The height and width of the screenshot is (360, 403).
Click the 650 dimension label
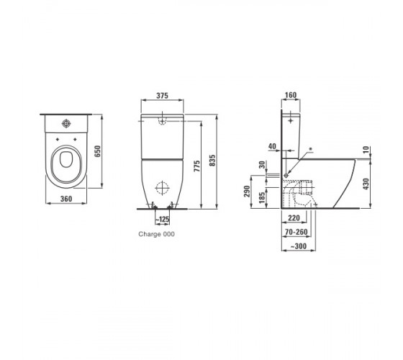click(x=98, y=151)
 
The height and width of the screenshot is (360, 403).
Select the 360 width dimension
click(x=66, y=199)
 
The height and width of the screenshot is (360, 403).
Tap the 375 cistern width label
click(x=163, y=96)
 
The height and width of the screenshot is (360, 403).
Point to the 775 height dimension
click(x=197, y=166)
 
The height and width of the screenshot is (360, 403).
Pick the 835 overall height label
click(x=212, y=160)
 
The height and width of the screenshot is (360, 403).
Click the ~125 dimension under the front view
click(x=163, y=220)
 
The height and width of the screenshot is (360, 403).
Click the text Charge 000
click(x=157, y=234)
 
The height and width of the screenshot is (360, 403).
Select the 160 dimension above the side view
click(x=291, y=95)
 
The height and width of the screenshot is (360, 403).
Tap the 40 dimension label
click(x=272, y=146)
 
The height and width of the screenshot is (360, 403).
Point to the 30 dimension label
click(x=262, y=165)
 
